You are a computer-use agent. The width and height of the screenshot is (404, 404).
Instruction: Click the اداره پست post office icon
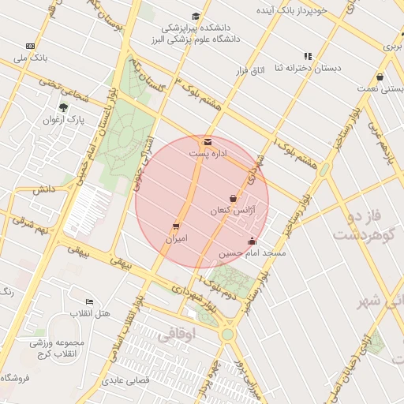208,141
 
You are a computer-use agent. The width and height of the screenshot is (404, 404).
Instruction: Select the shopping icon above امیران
176,226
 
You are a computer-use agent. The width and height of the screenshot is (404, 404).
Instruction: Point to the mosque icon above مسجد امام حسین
252,241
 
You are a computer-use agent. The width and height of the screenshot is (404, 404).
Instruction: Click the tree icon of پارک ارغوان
63,107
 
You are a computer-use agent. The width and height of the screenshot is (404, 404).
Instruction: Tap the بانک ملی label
30,58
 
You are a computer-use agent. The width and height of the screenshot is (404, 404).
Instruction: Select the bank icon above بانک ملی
30,46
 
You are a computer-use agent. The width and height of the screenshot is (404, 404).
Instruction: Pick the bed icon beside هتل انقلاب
89,301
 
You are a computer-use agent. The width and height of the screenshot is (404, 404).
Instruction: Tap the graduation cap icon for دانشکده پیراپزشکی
196,17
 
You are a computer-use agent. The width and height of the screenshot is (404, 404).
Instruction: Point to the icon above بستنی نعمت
380,77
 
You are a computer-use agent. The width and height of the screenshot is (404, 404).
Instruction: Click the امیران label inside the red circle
176,238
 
